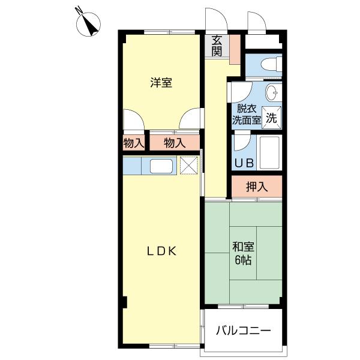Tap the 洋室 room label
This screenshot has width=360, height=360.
coord(161,83)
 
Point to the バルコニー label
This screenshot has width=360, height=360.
coord(243,331)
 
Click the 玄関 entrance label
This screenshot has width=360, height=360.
coord(217,46)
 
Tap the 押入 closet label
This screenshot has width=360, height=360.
coord(257,187)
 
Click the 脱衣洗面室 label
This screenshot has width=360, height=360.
coord(246,114)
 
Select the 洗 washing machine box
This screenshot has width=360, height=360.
coord(272,118)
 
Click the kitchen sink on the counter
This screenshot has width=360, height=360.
coord(161,166)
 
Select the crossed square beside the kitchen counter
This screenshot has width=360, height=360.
coord(189,165)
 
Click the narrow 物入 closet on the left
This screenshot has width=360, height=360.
coord(134,143)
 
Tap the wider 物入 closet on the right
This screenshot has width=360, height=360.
coord(174,143)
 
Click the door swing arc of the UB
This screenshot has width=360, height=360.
coord(241,142)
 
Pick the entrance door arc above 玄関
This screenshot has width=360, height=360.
coord(213,20)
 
